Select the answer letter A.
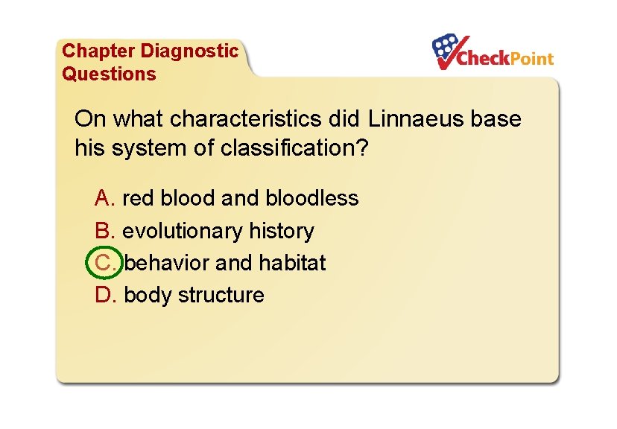click(104, 199)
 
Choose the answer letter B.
click(104, 231)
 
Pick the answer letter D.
click(104, 295)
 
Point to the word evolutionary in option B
click(179, 231)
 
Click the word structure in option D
click(222, 295)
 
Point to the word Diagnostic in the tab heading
click(189, 51)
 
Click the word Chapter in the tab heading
click(99, 51)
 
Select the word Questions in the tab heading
click(109, 74)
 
